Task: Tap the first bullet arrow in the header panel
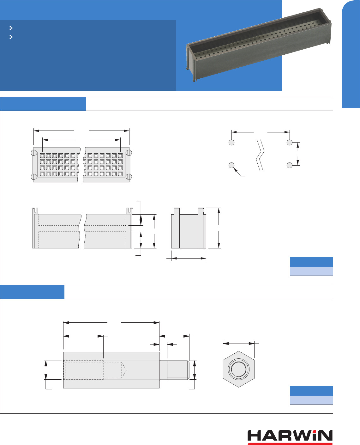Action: click(x=11, y=28)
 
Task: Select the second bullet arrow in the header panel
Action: click(x=11, y=37)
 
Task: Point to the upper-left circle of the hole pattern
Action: click(x=231, y=142)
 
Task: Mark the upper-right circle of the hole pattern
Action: click(x=290, y=142)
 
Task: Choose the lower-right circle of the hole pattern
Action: click(x=290, y=165)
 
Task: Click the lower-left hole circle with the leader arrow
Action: click(x=231, y=165)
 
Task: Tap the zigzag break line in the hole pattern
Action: click(x=260, y=155)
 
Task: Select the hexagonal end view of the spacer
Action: click(x=238, y=369)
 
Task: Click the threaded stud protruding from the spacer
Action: click(x=177, y=370)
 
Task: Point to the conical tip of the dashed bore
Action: click(x=124, y=369)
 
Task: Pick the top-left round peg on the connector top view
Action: click(x=34, y=153)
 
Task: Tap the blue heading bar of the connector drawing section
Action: click(x=43, y=104)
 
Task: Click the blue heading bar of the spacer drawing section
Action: click(x=32, y=292)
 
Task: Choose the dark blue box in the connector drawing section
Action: click(x=311, y=262)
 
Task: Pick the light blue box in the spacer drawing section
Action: click(x=311, y=400)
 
